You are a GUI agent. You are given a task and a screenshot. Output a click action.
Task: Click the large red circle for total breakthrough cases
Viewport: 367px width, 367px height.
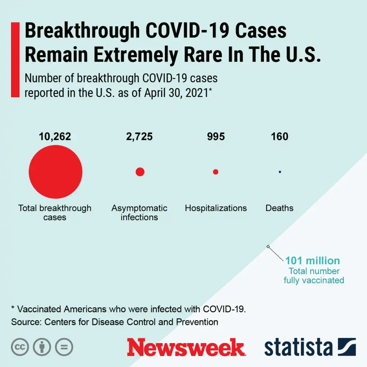pos(55,172)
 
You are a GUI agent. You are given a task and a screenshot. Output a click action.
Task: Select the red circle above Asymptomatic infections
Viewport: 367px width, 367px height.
pos(140,172)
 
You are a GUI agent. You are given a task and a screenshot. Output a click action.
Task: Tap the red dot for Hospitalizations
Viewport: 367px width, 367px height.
pos(215,172)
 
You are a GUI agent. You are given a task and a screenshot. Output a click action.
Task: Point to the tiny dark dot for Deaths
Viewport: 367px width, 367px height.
pos(280,172)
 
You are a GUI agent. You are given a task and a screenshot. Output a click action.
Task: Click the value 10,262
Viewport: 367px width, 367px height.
pos(55,137)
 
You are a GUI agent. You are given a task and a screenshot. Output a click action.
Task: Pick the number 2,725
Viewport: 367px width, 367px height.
pos(139,137)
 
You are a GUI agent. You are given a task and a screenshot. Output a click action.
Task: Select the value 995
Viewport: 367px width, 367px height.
pos(216,137)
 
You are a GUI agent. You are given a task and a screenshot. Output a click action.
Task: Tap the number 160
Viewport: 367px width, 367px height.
pos(280,137)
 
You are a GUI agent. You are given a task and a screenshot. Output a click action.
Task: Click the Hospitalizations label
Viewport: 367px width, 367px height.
pos(216,208)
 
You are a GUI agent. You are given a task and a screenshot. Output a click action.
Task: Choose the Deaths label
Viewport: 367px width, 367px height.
pos(280,208)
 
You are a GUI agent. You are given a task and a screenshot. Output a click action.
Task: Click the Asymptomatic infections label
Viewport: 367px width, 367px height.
pos(139,213)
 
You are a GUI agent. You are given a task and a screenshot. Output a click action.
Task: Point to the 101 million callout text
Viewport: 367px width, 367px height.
pos(313,261)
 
